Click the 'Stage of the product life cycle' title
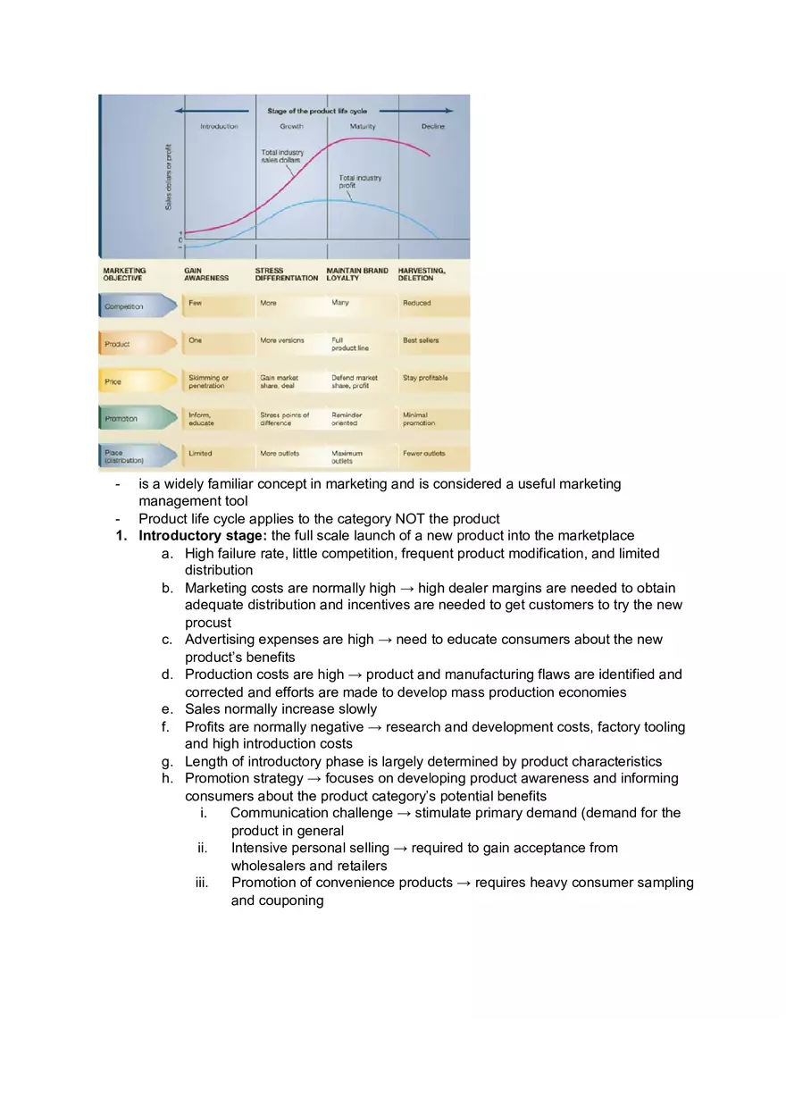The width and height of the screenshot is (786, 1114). [317, 111]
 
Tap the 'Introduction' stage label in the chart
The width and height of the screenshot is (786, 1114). [219, 127]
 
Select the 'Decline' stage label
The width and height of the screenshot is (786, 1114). [433, 127]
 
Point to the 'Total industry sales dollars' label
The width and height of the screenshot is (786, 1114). [282, 156]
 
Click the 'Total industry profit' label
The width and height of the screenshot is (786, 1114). [360, 181]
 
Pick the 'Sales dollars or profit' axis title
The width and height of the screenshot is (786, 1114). [169, 177]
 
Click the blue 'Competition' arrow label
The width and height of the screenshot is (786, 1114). [124, 306]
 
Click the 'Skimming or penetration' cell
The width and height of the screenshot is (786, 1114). [208, 381]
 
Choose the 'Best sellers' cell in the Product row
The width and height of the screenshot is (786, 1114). [421, 340]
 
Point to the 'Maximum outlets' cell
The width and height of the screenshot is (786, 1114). [347, 457]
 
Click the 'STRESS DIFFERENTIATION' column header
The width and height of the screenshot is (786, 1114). [286, 274]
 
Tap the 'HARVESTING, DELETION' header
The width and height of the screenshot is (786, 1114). [422, 274]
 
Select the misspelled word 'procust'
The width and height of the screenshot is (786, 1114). [208, 623]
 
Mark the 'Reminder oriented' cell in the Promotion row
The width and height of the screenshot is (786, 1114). [347, 419]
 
